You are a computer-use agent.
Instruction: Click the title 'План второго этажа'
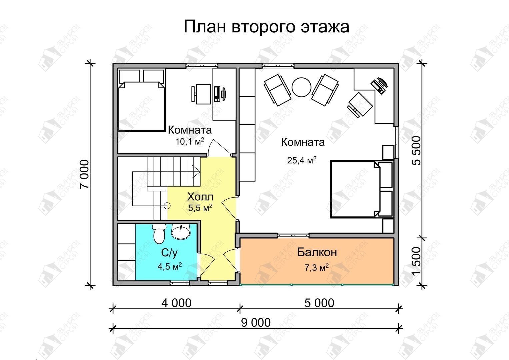coord(266,27)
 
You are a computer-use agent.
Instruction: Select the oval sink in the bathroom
coord(181,231)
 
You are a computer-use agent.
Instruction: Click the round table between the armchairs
coord(302,87)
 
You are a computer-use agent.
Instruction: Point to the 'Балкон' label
coord(317,252)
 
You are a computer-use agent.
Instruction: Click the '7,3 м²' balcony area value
coord(317,268)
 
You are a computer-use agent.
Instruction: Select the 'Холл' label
coord(200,197)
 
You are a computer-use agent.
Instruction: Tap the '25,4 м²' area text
coord(302,160)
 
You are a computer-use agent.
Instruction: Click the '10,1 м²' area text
coord(190,142)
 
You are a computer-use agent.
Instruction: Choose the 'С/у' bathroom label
coord(169,253)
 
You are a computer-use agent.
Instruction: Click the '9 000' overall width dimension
coord(256,323)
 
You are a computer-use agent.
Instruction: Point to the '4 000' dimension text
coord(177,303)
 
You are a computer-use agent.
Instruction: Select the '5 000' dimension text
coord(319,303)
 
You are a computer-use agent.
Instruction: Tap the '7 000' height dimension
coord(84,174)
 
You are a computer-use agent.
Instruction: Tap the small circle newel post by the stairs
coord(167,206)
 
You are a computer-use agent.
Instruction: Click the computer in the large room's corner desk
coord(379,85)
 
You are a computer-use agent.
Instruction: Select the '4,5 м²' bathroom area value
coord(170,267)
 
